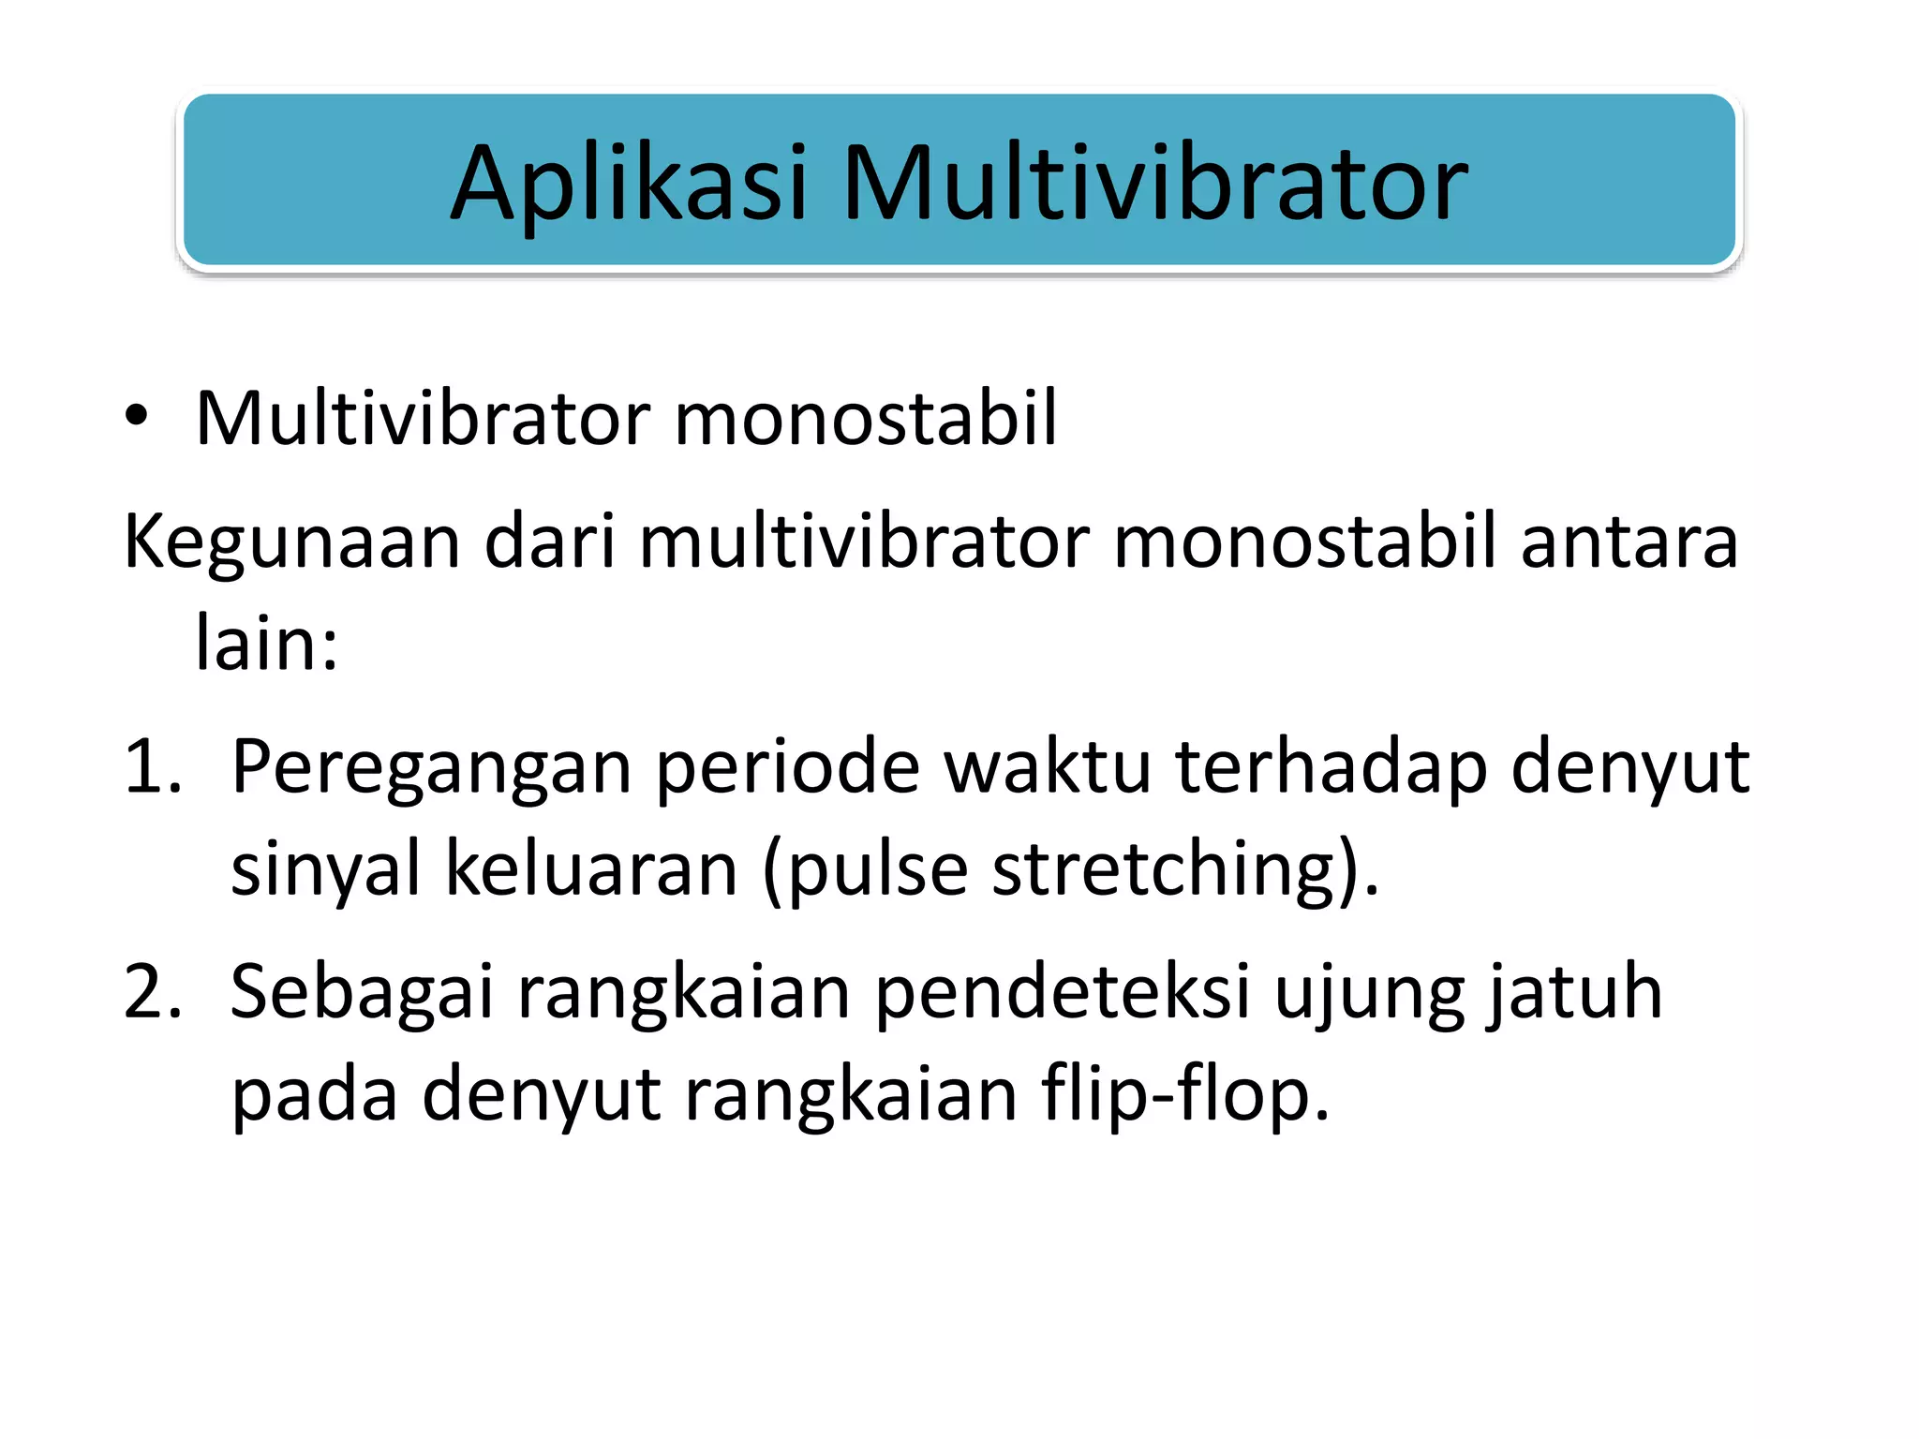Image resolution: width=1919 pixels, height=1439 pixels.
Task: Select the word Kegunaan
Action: [291, 543]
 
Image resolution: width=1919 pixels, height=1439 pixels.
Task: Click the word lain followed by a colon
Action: [265, 644]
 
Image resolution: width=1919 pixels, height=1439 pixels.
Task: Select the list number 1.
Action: [150, 767]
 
